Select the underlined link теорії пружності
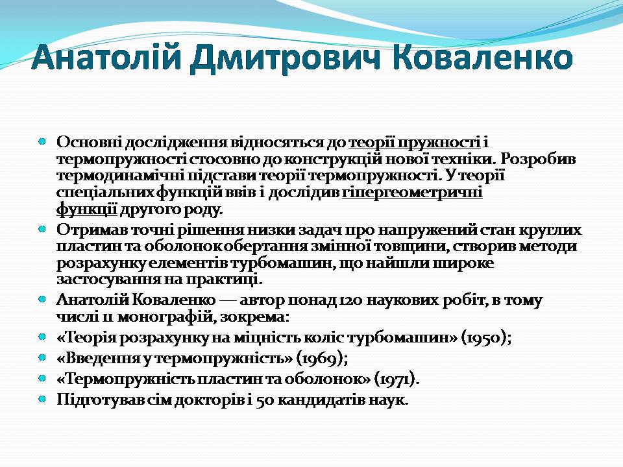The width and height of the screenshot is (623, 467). [x=415, y=143]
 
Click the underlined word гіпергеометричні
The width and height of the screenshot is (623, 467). [x=413, y=193]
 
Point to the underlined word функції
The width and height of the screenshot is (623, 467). [x=87, y=210]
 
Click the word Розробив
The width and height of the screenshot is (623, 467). [x=538, y=160]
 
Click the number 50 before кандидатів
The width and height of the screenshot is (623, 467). [x=264, y=400]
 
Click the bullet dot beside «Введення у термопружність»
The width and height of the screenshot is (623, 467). [x=42, y=358]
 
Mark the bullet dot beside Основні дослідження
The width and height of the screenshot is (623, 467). [x=42, y=141]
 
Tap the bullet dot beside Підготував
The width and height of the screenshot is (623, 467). [x=42, y=399]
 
